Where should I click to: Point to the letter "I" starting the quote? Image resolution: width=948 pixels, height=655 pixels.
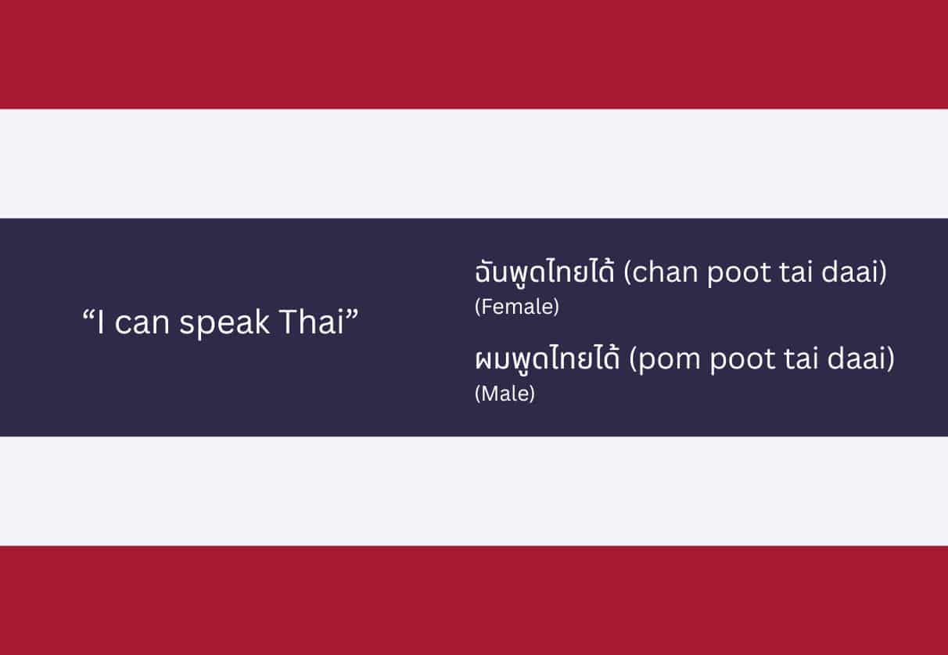tap(101, 322)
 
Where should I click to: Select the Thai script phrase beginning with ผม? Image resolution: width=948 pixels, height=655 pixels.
tap(548, 360)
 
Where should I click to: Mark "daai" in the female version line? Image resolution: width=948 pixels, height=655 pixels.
tap(855, 274)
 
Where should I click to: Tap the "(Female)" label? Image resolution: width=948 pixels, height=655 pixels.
tap(516, 308)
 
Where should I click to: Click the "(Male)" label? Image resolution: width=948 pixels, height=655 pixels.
tap(505, 394)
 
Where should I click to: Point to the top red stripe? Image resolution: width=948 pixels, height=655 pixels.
tap(474, 54)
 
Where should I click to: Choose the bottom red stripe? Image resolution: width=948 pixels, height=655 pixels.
tap(474, 600)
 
